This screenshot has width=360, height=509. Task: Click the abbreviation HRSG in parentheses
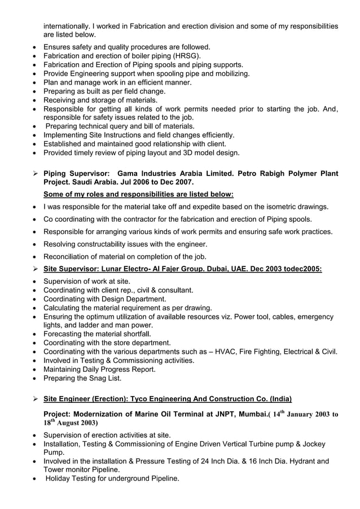[x=186, y=56]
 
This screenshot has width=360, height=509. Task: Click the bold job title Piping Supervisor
[x=77, y=174]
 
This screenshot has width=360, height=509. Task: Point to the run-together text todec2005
[x=302, y=269]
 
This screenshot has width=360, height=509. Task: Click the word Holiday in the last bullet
[x=60, y=479]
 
